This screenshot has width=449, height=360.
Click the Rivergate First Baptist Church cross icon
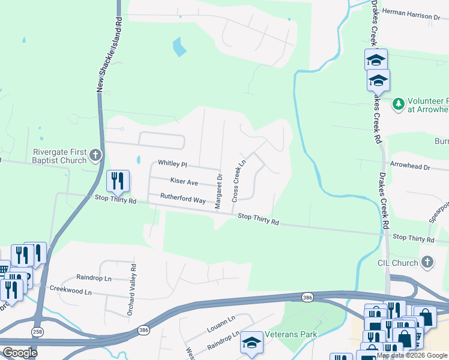[95, 157]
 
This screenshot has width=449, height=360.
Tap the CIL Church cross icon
[427, 262]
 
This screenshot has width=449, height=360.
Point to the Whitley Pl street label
[172, 163]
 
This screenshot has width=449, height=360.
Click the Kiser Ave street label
[184, 181]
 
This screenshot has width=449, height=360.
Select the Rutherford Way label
[182, 198]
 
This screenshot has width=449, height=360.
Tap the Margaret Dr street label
[219, 191]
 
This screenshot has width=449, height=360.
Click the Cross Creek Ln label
[239, 180]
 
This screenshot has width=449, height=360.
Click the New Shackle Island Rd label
[110, 55]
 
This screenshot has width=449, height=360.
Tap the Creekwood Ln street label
[71, 292]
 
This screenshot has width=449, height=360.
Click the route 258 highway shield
[37, 331]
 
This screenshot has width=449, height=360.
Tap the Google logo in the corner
[20, 353]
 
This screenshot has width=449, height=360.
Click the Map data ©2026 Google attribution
[412, 355]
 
